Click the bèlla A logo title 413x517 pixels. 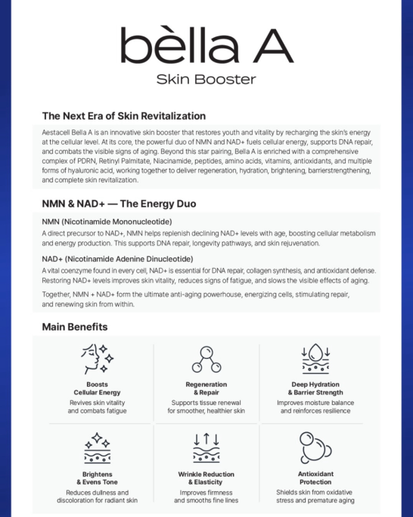coord(206,46)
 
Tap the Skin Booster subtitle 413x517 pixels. coord(206,79)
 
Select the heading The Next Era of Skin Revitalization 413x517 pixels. coord(124,116)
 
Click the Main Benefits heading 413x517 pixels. coord(75,327)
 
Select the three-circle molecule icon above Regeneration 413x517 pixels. coord(206,360)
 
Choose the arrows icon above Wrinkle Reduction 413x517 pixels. coord(206,447)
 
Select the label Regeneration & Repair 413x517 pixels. coord(206,388)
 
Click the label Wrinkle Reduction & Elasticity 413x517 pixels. coord(206,477)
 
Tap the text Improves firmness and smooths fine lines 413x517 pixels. coord(206,496)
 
